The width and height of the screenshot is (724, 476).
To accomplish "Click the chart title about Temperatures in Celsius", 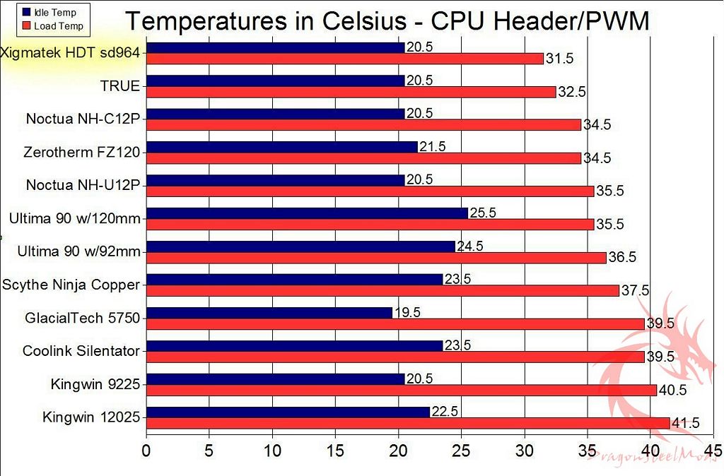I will click(387, 22).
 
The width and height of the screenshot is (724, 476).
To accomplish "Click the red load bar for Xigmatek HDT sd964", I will click(345, 59).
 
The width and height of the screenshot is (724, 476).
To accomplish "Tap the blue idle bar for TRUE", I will click(275, 81).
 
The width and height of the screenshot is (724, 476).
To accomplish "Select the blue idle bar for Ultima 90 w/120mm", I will click(307, 213).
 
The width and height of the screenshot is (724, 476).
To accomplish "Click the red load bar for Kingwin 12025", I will click(408, 423).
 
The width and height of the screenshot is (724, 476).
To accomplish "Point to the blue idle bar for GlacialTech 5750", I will click(269, 313).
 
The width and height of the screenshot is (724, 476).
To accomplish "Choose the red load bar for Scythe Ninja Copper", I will click(383, 290).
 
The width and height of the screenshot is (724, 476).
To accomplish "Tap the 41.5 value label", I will click(685, 423).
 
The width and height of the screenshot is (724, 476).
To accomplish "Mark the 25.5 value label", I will click(483, 213).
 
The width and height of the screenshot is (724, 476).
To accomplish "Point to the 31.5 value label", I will click(559, 59).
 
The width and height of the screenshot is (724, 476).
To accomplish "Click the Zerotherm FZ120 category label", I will click(81, 152).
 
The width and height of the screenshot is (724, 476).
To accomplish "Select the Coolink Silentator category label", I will click(81, 351).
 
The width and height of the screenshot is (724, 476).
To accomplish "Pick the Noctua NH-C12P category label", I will click(83, 119).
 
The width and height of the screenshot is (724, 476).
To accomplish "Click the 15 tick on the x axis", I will click(335, 450).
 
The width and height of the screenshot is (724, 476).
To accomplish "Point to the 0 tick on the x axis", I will click(146, 450).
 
